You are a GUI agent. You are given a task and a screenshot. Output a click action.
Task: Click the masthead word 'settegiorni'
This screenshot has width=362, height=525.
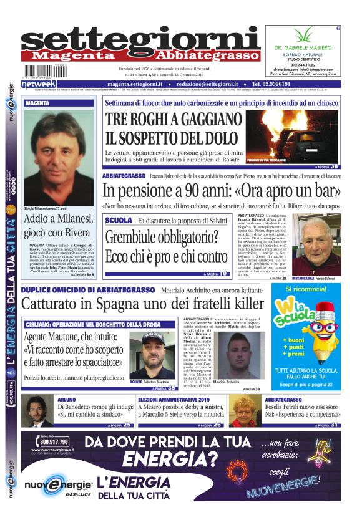click(x=140, y=38)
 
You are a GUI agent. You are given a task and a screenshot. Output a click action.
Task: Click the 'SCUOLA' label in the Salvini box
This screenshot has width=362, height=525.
click(x=119, y=221)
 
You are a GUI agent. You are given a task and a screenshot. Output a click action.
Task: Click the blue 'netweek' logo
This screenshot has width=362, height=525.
click(x=39, y=84)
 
